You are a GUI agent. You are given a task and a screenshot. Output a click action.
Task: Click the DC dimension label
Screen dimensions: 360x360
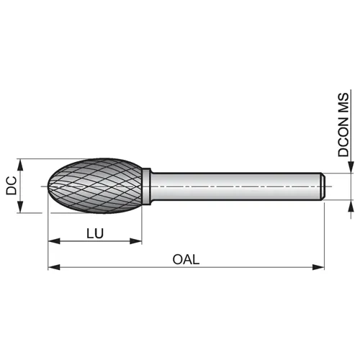[x=12, y=186]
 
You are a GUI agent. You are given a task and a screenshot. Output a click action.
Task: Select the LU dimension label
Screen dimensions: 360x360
[x=95, y=233]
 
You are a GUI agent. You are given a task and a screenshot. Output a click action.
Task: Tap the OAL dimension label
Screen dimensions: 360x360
[x=186, y=259]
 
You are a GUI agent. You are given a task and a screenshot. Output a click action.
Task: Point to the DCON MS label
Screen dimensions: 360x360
[x=343, y=125]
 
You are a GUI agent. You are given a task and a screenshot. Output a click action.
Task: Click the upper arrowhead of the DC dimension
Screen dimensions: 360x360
[x=20, y=165]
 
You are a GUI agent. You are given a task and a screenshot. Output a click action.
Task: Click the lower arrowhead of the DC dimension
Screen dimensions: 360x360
[x=20, y=207]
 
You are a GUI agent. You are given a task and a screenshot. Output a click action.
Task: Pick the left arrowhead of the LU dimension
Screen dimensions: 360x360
[x=54, y=241]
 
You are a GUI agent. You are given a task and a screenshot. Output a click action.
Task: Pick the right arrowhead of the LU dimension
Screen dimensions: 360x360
[x=136, y=241]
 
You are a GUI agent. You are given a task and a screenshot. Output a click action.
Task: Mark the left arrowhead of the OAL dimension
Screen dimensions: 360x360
[x=54, y=267]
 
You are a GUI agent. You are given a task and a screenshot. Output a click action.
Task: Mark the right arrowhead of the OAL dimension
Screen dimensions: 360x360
[x=318, y=267]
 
